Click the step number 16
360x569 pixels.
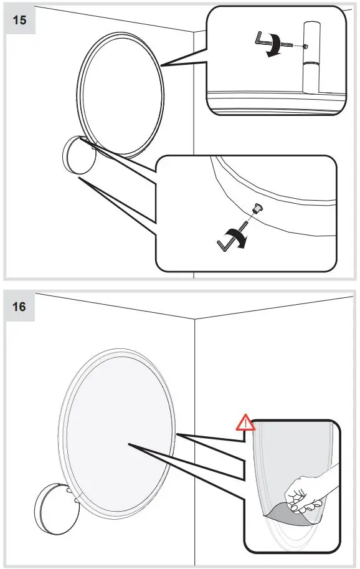pyautogui.click(x=20, y=307)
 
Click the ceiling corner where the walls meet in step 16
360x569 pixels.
pyautogui.click(x=196, y=319)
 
